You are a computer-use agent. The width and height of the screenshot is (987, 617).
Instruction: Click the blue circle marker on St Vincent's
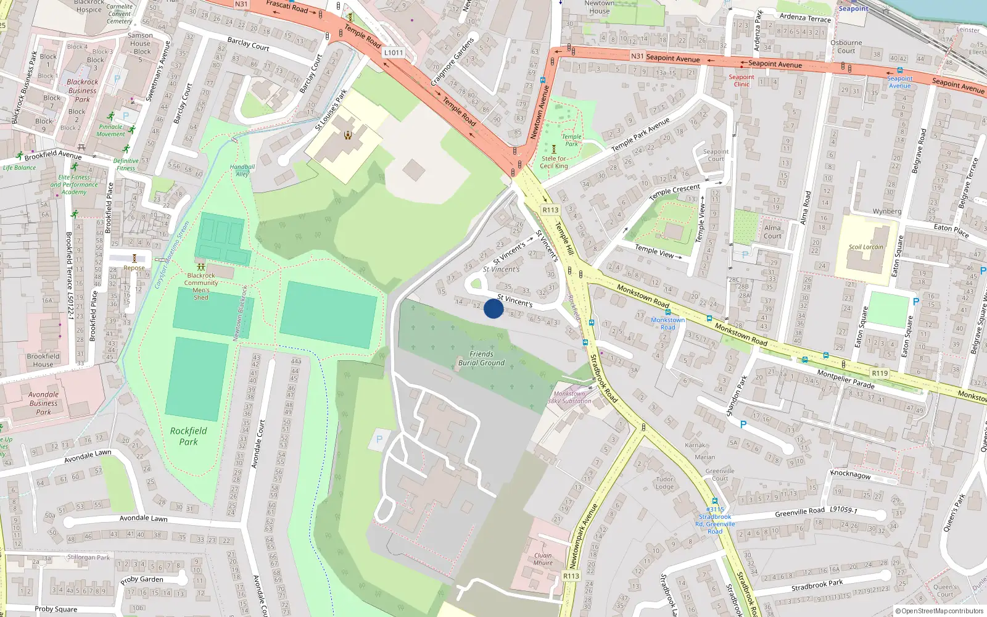493,308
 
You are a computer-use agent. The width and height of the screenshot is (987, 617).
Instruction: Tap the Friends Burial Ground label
481,358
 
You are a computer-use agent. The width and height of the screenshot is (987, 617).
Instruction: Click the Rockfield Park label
188,436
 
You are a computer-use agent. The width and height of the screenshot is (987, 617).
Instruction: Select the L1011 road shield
394,52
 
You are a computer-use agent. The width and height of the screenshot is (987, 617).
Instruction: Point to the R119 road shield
880,373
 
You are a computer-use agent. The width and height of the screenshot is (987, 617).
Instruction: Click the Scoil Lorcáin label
865,247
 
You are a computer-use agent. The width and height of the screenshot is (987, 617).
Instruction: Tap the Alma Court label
772,231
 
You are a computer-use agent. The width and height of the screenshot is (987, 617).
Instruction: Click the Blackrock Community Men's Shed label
201,286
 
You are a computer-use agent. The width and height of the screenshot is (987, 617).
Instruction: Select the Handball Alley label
242,170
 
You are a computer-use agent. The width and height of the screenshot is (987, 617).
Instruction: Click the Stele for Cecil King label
554,162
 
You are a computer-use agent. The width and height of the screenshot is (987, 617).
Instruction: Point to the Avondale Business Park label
43,403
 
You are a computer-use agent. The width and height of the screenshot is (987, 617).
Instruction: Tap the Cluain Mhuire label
543,559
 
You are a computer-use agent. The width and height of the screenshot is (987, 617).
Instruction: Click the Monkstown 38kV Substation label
569,397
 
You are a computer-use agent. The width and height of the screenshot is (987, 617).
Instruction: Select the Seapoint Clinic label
741,80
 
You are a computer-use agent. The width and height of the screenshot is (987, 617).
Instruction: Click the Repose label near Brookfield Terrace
134,268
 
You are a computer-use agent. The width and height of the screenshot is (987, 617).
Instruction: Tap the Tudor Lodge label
664,482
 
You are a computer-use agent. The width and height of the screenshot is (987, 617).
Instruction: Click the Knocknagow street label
850,474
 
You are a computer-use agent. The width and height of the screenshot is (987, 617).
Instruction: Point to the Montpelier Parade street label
846,379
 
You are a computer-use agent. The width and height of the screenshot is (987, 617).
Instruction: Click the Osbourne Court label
846,47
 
